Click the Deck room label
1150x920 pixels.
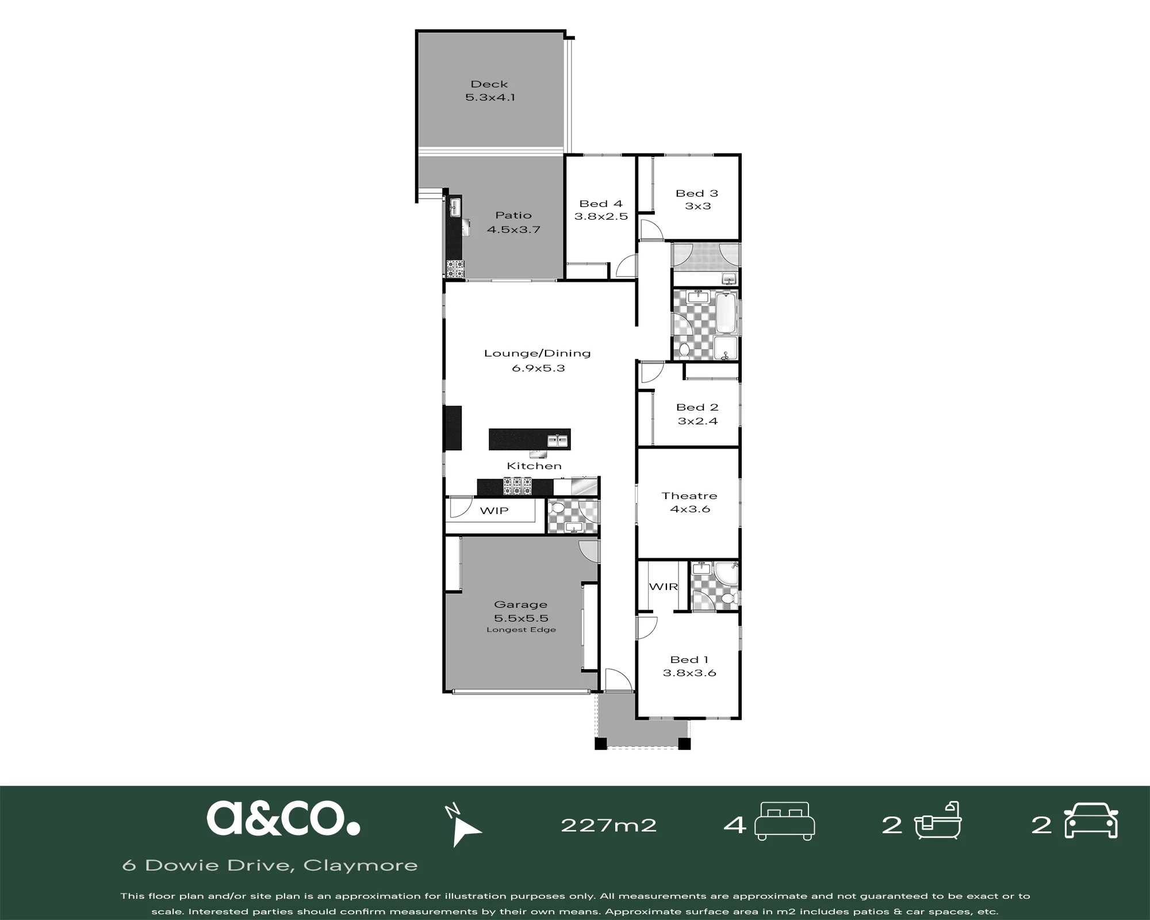click(x=489, y=84)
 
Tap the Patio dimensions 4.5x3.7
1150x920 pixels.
click(x=513, y=229)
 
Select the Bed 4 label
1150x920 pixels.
click(x=601, y=204)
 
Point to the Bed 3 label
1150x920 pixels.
click(x=697, y=193)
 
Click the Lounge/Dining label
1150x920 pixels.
click(x=538, y=354)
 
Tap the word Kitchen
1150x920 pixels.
click(x=534, y=466)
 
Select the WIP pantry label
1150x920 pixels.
click(x=494, y=511)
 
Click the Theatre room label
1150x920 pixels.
click(x=689, y=496)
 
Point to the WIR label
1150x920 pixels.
click(x=664, y=586)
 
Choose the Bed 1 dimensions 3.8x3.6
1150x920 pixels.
click(x=689, y=673)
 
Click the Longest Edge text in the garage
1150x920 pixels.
click(x=521, y=630)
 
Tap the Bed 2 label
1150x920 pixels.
click(x=697, y=407)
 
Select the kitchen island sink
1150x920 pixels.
click(x=557, y=440)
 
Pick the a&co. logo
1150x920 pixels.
click(x=283, y=818)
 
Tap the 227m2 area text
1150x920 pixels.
click(x=608, y=826)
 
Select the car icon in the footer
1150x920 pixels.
click(x=1091, y=821)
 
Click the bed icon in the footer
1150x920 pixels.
click(x=785, y=821)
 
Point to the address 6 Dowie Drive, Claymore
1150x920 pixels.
click(x=270, y=865)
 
